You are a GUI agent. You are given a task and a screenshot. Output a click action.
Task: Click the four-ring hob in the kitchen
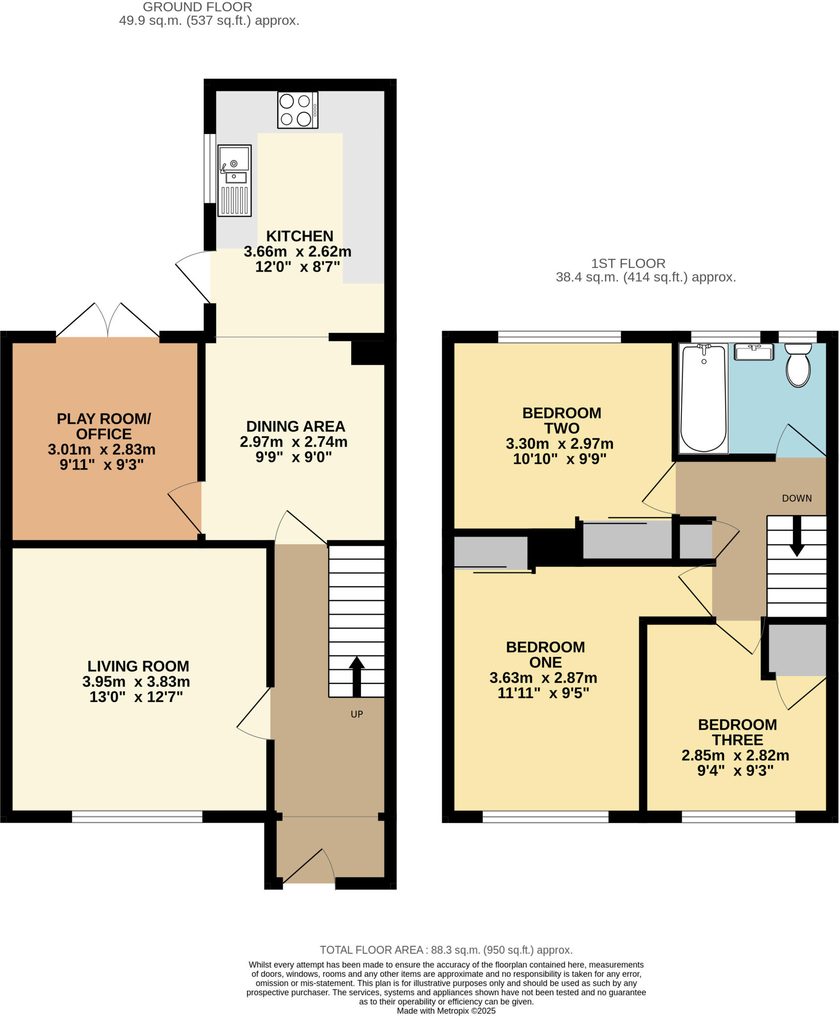(x=298, y=110)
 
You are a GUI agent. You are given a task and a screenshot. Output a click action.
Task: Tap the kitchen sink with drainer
(x=235, y=180)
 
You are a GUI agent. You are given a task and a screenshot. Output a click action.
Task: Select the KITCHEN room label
(x=300, y=236)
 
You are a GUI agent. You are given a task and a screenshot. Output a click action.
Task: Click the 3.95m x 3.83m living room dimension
(x=136, y=682)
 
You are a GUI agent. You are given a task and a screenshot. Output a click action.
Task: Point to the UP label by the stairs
(x=357, y=714)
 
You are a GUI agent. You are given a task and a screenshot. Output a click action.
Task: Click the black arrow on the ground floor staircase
(x=356, y=676)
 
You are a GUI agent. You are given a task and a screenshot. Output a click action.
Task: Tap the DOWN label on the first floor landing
(x=796, y=498)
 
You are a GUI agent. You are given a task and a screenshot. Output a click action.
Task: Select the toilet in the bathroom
(x=798, y=365)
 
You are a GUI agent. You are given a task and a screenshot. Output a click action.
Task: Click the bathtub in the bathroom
(x=704, y=398)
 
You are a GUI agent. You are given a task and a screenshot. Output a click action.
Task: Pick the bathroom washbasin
(x=754, y=352)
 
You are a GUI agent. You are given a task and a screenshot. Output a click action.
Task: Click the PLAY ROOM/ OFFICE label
(x=103, y=426)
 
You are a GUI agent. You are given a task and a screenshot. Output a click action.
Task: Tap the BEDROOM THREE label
(x=737, y=732)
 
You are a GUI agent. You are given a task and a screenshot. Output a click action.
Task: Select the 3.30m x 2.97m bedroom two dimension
(x=559, y=444)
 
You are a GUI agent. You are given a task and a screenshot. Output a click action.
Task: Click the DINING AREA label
(x=296, y=426)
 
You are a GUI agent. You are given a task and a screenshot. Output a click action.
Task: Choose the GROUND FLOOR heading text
(x=197, y=7)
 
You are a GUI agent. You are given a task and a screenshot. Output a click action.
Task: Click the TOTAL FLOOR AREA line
(x=446, y=950)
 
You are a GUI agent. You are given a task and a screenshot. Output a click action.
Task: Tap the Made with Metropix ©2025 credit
(x=446, y=1011)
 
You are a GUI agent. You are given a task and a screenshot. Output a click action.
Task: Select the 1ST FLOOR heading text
(x=628, y=263)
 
